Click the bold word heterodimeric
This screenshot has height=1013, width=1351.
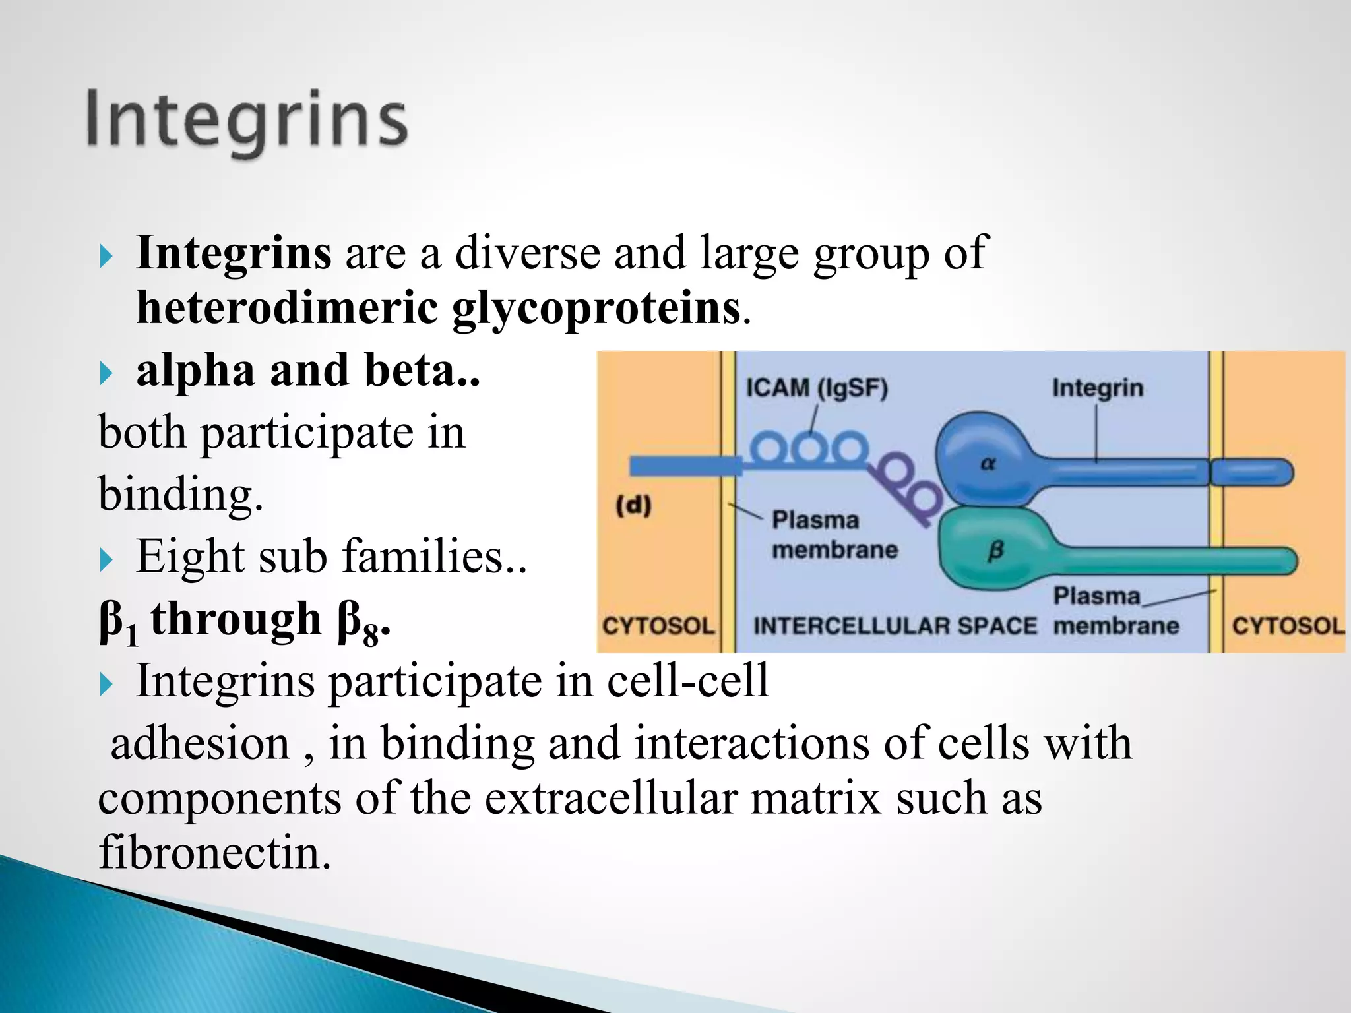click(x=287, y=308)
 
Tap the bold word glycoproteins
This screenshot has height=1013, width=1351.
click(x=596, y=308)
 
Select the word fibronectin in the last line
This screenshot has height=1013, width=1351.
click(x=214, y=852)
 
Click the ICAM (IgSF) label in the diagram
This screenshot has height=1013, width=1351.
click(x=817, y=388)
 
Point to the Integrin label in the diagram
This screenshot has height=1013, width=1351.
click(x=1097, y=388)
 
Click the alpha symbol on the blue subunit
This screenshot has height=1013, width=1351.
click(x=988, y=464)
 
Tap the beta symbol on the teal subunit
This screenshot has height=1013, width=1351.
click(x=995, y=550)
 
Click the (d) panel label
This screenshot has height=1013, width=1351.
click(x=633, y=506)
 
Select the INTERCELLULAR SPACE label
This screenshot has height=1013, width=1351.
click(x=895, y=625)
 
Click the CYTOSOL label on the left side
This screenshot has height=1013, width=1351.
click(x=658, y=625)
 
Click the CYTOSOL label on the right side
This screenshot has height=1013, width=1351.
click(x=1287, y=625)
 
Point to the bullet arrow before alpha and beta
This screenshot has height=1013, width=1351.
click(x=106, y=373)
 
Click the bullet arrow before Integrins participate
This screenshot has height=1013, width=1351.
click(x=106, y=684)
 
